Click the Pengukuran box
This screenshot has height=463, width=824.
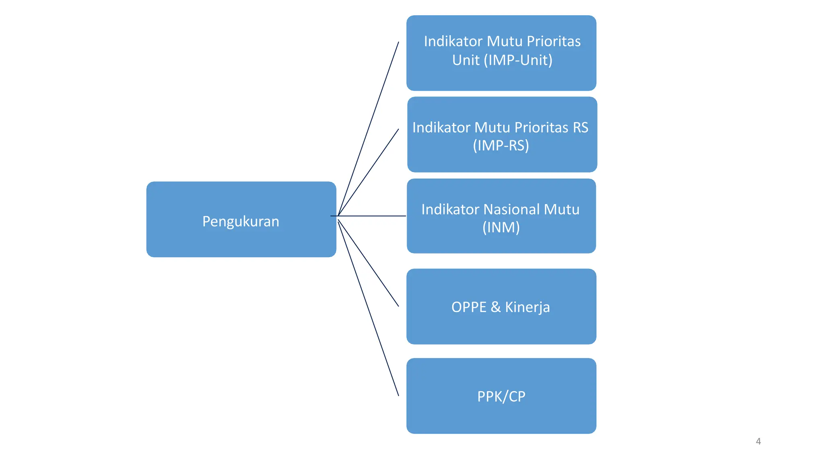(241, 219)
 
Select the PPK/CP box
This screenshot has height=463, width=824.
(501, 396)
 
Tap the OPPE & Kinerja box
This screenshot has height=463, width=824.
(501, 306)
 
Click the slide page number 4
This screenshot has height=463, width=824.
(758, 441)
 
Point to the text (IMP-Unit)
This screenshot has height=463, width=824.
(518, 60)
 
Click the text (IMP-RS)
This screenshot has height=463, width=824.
(501, 145)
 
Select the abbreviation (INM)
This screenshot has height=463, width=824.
(501, 227)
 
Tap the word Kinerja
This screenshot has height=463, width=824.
(527, 307)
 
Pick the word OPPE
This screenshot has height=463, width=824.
(469, 307)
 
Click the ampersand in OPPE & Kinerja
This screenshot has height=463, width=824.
(496, 307)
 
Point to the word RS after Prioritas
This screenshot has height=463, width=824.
(580, 127)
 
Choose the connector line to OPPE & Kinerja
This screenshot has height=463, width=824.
(368, 263)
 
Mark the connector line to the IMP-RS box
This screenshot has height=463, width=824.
(368, 172)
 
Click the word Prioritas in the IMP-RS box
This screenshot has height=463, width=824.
(541, 127)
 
